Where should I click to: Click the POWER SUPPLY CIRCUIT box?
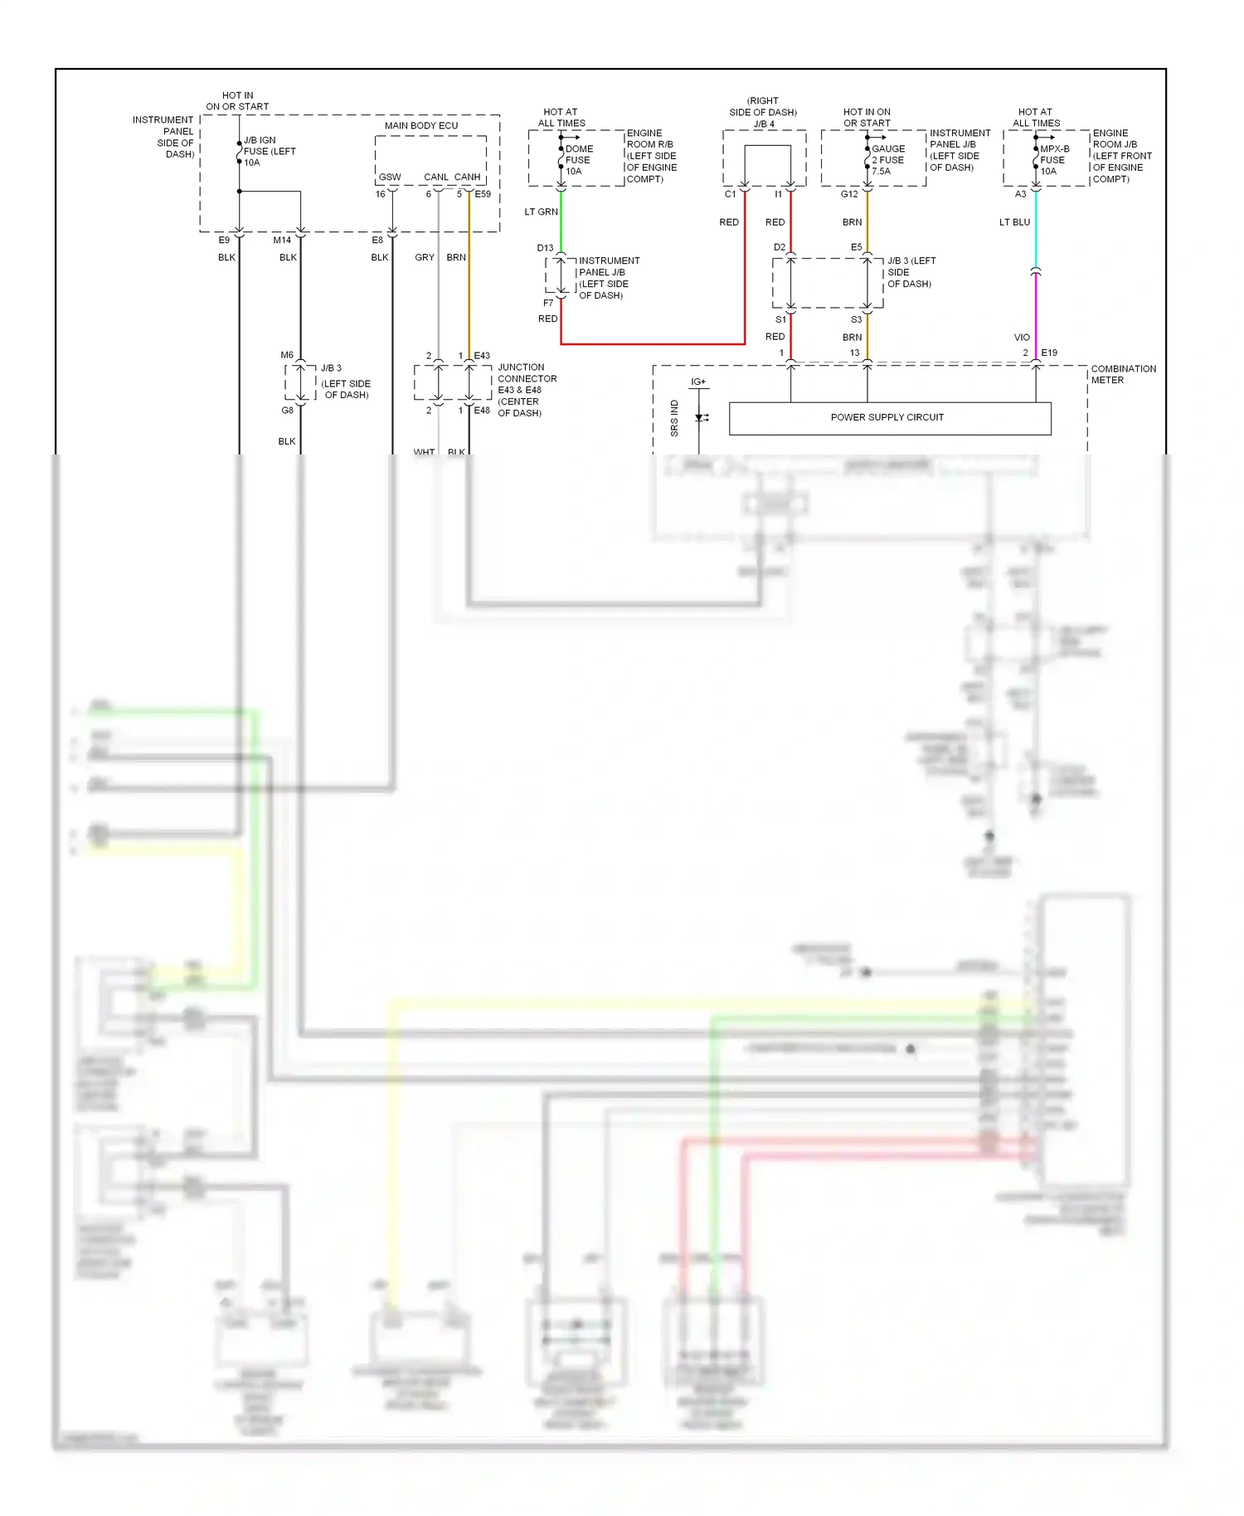pos(889,418)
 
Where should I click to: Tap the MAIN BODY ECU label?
pos(421,126)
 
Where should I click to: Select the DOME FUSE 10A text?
pos(579,160)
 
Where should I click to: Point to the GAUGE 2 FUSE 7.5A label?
pos(887,160)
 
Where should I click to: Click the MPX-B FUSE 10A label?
pos(1054,160)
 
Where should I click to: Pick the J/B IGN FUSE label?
pos(269,151)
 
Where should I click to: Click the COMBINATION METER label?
pos(1123,374)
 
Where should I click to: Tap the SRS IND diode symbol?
pos(701,417)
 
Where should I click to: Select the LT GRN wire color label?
pos(541,212)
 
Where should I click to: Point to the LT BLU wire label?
pos(1014,222)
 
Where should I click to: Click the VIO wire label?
pos(1022,338)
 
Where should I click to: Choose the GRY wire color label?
pos(425,258)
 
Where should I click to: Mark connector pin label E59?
pos(483,195)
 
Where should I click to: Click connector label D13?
pos(545,248)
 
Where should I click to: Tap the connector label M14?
pos(282,241)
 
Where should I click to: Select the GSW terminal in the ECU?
pos(390,177)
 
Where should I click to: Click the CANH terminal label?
pos(467,177)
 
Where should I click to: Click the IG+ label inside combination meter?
pos(698,382)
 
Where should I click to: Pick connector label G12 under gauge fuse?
pos(849,195)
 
